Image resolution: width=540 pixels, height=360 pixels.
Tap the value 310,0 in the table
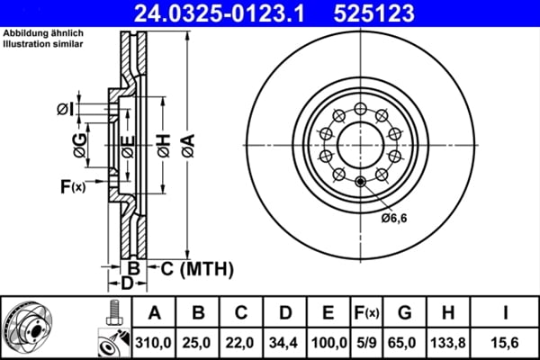[154, 343]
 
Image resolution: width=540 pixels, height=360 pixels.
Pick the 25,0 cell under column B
[197, 343]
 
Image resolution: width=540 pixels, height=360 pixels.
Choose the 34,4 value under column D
[284, 343]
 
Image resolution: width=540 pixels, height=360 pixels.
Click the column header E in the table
[328, 313]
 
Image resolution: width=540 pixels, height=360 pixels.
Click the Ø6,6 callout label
[393, 217]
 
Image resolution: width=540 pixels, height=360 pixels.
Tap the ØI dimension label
[64, 109]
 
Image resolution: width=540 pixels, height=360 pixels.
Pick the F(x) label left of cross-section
[72, 186]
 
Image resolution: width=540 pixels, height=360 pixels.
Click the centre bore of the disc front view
[360, 142]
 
